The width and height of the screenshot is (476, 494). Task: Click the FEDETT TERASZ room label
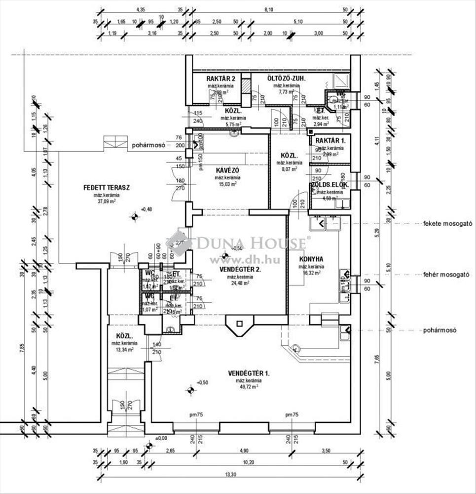(107, 188)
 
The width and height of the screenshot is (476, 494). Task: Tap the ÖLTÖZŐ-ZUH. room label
(287, 79)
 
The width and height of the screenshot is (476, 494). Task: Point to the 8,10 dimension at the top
(269, 9)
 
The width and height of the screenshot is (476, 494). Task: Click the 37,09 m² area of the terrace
(107, 201)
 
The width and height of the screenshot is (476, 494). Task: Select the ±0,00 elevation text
(161, 438)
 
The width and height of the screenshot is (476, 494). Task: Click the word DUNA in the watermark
(215, 243)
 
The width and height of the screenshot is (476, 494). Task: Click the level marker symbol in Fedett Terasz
(134, 216)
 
